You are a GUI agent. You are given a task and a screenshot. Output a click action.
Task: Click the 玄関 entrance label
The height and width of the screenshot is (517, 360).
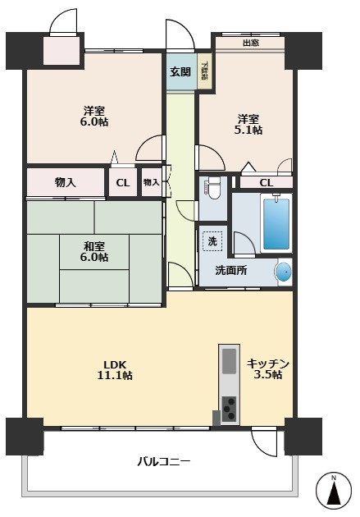(x=180, y=71)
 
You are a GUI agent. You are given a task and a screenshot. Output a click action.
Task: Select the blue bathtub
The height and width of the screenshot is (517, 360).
(x=276, y=223)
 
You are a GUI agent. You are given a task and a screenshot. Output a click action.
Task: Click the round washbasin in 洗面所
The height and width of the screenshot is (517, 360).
(x=283, y=272)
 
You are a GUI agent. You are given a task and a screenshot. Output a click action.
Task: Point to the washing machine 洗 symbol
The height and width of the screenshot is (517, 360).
(x=212, y=241)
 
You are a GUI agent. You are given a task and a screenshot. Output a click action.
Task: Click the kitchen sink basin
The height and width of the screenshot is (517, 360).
(x=229, y=361)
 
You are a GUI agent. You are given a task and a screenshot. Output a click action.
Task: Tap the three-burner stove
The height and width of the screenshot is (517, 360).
(x=229, y=409)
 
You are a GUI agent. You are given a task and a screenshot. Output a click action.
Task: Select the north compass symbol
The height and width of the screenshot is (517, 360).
(x=333, y=490)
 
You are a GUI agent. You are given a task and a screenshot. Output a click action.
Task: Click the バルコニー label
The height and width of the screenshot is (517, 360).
(x=164, y=461)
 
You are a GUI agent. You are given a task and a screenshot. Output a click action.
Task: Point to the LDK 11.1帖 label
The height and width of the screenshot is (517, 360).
(x=115, y=370)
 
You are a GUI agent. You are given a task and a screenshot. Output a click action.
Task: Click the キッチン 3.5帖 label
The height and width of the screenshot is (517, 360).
(x=268, y=369)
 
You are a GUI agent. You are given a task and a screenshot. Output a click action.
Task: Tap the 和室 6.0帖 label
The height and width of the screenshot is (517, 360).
(x=94, y=252)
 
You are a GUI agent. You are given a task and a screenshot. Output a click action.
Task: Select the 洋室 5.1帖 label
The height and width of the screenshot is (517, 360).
(x=248, y=124)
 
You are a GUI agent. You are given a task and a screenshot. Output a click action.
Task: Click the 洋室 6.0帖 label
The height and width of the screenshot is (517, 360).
(x=94, y=116)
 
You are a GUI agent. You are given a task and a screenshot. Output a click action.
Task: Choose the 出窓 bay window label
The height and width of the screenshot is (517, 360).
(x=251, y=43)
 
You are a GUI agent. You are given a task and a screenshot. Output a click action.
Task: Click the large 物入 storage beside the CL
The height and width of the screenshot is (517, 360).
(x=66, y=182)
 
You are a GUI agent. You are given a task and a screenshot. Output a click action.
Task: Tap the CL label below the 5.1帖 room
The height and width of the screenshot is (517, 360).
(x=267, y=183)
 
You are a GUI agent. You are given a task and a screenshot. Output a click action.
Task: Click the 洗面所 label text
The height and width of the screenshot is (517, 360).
(x=231, y=271)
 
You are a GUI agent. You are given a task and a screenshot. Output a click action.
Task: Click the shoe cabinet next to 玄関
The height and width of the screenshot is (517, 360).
(x=204, y=71)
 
